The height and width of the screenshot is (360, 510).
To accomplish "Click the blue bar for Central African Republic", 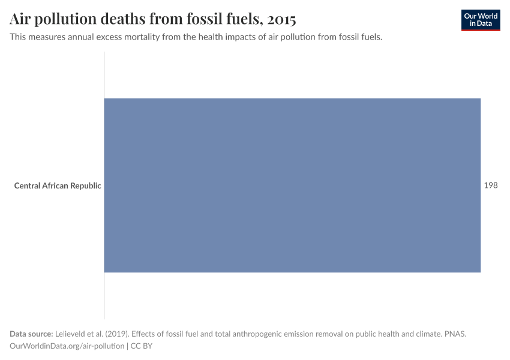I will click(x=292, y=185).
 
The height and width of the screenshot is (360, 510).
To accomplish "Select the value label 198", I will click(x=491, y=185).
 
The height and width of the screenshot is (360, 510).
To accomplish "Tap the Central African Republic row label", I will click(x=58, y=185).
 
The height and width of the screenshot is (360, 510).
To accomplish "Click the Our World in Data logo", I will click(x=481, y=20).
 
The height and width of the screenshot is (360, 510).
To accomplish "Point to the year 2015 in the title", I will click(x=281, y=19).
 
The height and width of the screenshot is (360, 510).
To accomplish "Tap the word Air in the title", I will click(x=21, y=19).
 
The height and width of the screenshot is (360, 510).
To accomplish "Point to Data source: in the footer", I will click(x=31, y=334).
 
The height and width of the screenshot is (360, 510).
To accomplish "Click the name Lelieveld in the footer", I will click(x=71, y=334).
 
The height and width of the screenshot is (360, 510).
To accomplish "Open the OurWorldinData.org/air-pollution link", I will click(x=67, y=346).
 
